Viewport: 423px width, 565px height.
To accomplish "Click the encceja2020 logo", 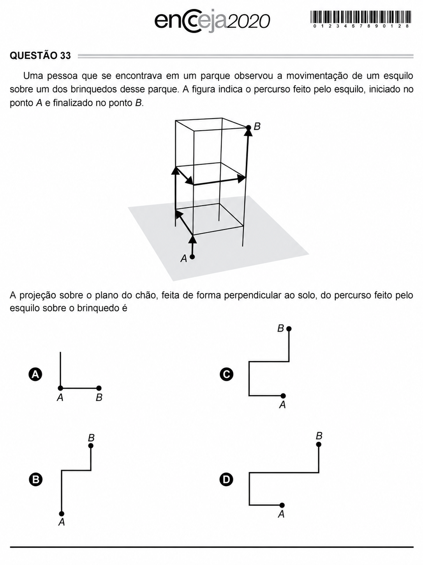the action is pyautogui.click(x=212, y=21).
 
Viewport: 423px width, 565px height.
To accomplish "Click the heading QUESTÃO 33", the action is pyautogui.click(x=40, y=55).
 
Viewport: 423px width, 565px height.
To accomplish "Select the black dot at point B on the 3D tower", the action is pyautogui.click(x=249, y=128).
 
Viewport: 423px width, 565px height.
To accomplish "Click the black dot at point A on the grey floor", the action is pyautogui.click(x=192, y=257).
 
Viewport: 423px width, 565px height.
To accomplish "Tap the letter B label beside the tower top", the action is pyautogui.click(x=257, y=126).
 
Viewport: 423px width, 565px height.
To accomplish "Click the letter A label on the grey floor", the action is pyautogui.click(x=183, y=258).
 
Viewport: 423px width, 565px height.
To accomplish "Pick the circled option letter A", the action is pyautogui.click(x=35, y=374).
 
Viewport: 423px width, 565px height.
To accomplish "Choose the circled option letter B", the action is pyautogui.click(x=36, y=480).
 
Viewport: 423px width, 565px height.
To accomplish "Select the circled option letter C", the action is pyautogui.click(x=227, y=374).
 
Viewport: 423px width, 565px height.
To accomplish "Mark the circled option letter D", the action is pyautogui.click(x=227, y=480).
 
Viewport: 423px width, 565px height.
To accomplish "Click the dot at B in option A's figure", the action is pyautogui.click(x=99, y=388).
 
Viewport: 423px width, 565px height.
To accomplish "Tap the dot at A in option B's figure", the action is pyautogui.click(x=62, y=513).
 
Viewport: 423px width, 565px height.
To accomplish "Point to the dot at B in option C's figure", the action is pyautogui.click(x=289, y=329).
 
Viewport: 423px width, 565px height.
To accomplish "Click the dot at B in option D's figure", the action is pyautogui.click(x=319, y=444).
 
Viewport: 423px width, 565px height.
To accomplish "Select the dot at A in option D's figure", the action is pyautogui.click(x=282, y=505).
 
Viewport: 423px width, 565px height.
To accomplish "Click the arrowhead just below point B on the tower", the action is pyautogui.click(x=248, y=133).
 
